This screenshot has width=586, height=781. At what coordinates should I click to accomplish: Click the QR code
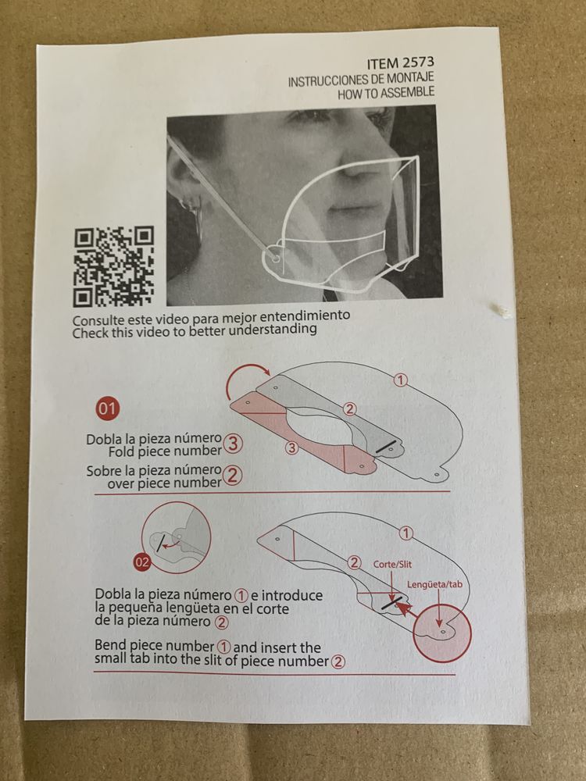pos(114,266)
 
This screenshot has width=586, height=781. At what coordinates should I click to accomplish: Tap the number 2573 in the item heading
pos(417,63)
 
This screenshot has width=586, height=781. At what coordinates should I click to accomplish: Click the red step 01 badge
pos(107,409)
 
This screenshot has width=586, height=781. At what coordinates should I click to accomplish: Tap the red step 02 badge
pos(142,563)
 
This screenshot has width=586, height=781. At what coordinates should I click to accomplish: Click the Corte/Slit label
pos(393,565)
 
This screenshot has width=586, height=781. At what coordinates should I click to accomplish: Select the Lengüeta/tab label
pos(434,584)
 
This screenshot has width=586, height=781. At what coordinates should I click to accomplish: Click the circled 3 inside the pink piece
pos(291,448)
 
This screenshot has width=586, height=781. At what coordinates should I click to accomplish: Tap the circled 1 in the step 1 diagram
pos(400,380)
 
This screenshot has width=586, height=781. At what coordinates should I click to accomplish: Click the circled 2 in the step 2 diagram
pos(354,563)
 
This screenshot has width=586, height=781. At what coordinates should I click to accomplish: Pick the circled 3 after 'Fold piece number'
pos(233,443)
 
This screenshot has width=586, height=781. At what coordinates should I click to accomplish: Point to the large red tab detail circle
pos(442,633)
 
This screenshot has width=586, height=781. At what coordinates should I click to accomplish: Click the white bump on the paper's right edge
pos(502,311)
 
